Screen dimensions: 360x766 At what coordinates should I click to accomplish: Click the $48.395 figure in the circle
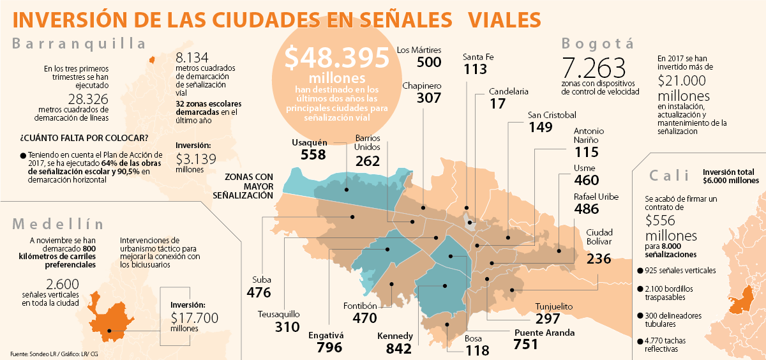[336, 59]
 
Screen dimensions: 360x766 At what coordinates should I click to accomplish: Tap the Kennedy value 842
[399, 349]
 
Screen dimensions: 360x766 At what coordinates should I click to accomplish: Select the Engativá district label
[326, 334]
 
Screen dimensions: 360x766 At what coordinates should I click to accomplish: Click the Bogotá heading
[597, 43]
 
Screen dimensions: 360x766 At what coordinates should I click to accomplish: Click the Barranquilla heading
[79, 43]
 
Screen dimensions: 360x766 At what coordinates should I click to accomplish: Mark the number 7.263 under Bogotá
[594, 68]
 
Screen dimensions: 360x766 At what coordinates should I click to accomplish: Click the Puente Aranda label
[544, 333]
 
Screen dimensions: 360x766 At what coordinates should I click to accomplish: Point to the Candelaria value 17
[499, 103]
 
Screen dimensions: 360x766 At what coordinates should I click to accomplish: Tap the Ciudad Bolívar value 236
[599, 259]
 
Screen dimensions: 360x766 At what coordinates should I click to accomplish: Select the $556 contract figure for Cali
[664, 221]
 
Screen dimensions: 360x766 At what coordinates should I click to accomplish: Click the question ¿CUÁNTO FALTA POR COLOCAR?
[84, 138]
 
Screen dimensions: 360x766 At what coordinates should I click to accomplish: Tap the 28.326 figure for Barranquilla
[88, 100]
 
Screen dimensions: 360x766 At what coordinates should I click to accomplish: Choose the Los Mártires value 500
[429, 62]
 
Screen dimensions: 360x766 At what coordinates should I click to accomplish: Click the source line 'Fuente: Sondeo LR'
[54, 353]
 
